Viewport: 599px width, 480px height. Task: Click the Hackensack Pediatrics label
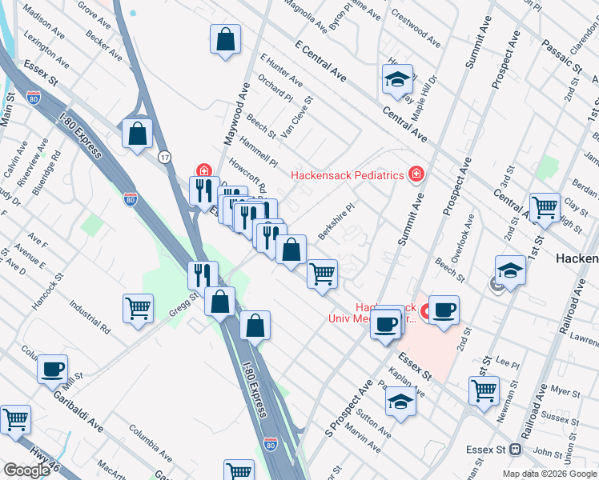pyautogui.click(x=346, y=174)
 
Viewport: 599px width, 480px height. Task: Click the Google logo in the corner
pyautogui.click(x=26, y=470)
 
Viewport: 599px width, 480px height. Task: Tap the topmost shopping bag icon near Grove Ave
pyautogui.click(x=226, y=39)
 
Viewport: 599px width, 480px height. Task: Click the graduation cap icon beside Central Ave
pyautogui.click(x=396, y=80)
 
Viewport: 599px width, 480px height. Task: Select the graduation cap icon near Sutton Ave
pyautogui.click(x=400, y=402)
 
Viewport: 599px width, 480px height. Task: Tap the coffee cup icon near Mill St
pyautogui.click(x=53, y=370)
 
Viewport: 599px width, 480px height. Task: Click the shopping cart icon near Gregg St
pyautogui.click(x=139, y=309)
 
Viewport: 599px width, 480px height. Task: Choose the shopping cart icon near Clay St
pyautogui.click(x=545, y=208)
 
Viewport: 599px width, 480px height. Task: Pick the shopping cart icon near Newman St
pyautogui.click(x=484, y=392)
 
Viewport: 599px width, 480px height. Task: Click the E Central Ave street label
pyautogui.click(x=320, y=62)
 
